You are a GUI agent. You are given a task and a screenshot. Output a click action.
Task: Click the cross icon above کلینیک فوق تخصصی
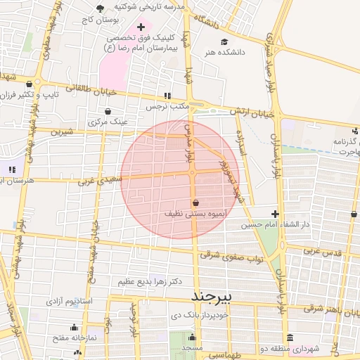coord(141,26)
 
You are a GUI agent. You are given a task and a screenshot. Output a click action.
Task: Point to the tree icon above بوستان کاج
coord(99,9)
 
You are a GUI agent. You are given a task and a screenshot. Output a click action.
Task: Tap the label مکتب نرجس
coord(167,106)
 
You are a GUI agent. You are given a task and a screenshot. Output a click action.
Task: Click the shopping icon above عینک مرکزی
coord(107,111)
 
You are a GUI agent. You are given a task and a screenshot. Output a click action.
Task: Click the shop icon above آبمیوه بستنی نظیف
coord(195,202)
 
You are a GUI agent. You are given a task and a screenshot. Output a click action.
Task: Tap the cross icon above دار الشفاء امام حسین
coord(275,214)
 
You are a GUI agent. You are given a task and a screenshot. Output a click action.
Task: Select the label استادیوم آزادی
coord(70,301)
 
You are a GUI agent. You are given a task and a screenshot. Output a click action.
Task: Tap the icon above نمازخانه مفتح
coord(75,327)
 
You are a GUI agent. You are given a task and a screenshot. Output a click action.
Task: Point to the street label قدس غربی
coord(324,251)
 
